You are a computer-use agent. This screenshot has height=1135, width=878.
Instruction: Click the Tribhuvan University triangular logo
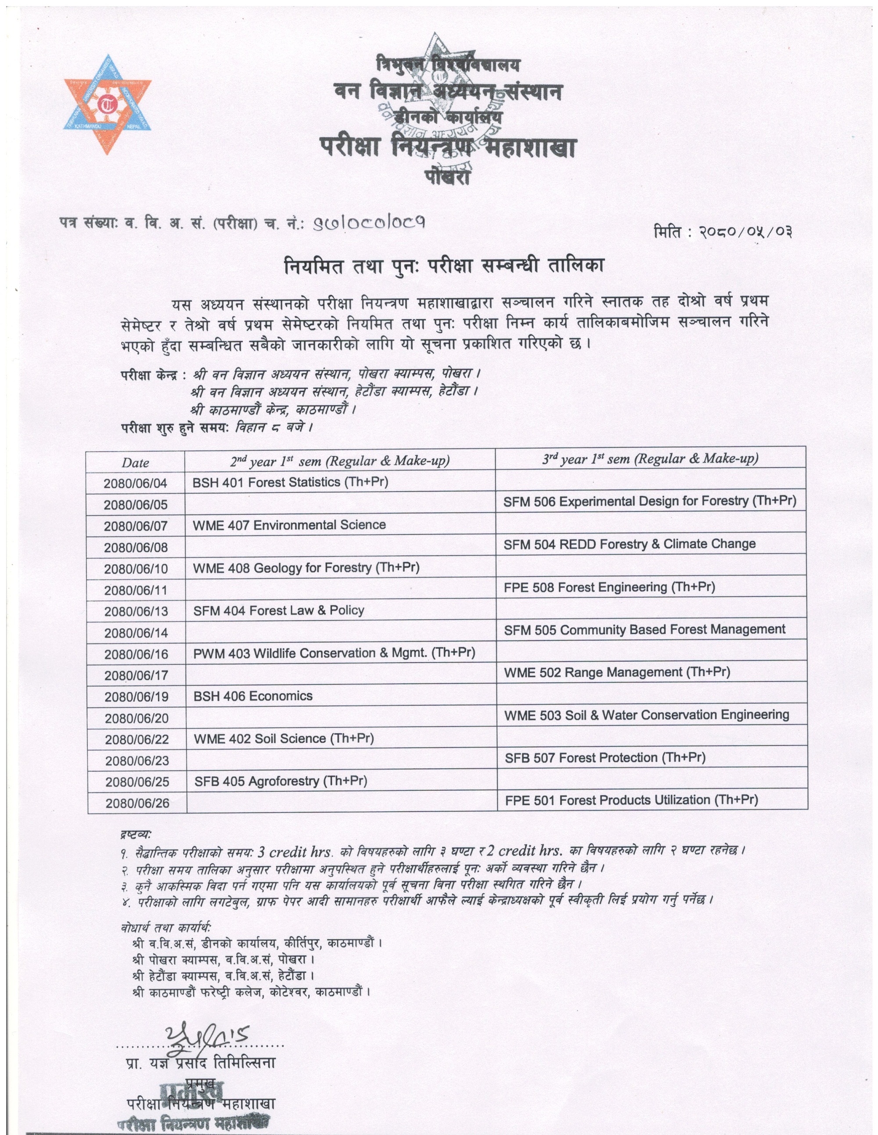pyautogui.click(x=108, y=104)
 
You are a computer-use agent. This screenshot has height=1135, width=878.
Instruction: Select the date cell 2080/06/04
pyautogui.click(x=135, y=483)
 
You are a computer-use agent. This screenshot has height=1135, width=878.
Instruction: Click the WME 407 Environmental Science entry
pyautogui.click(x=289, y=525)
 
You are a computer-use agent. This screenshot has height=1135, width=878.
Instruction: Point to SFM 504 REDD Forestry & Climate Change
pyautogui.click(x=630, y=544)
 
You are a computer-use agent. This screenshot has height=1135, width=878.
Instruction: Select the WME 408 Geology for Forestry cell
pyautogui.click(x=306, y=567)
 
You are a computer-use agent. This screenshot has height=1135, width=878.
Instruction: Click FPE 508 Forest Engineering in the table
pyautogui.click(x=609, y=587)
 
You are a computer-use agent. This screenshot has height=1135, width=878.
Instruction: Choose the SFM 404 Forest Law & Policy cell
pyautogui.click(x=278, y=610)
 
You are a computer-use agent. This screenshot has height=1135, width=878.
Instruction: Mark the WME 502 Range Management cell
pyautogui.click(x=617, y=672)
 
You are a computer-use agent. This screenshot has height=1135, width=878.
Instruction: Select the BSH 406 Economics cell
pyautogui.click(x=253, y=696)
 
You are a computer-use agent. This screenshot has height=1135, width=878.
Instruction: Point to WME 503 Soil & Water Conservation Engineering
pyautogui.click(x=647, y=716)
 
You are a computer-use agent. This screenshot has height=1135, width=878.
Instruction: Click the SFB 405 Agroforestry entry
pyautogui.click(x=281, y=781)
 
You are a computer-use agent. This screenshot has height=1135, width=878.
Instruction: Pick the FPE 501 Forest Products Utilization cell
pyautogui.click(x=631, y=800)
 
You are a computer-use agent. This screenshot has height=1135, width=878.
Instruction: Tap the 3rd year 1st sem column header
pyautogui.click(x=650, y=458)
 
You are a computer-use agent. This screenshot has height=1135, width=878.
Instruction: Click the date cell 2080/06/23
pyautogui.click(x=137, y=761)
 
